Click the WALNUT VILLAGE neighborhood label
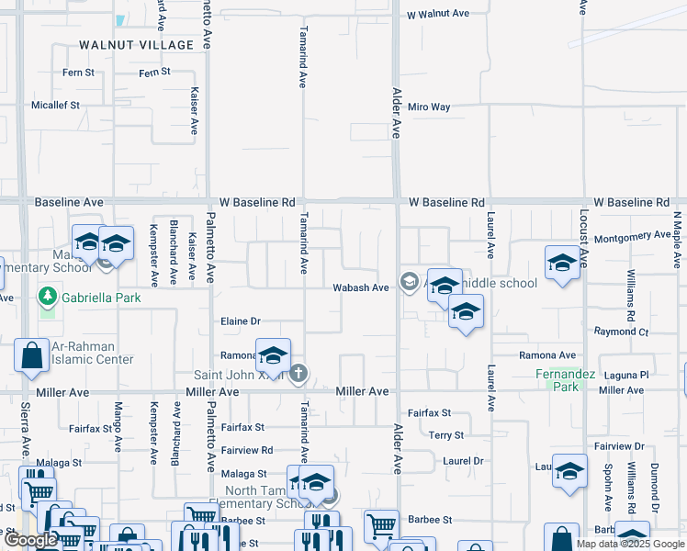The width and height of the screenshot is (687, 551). tap(137, 44)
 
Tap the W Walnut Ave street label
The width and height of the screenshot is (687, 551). tap(438, 14)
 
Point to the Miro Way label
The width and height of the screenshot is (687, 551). tap(429, 107)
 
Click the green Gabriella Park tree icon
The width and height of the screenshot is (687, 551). tap(47, 297)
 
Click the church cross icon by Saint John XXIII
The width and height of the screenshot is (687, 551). tap(298, 373)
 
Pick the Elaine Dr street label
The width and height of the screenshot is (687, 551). tap(242, 321)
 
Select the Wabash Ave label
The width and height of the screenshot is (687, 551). tap(361, 287)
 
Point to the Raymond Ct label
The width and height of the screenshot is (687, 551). tap(621, 332)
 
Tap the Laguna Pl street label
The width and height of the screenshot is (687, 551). tap(628, 375)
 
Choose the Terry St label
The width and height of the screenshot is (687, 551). tap(446, 435)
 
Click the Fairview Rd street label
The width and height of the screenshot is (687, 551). tap(247, 450)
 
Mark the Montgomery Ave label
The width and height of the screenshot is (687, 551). tap(633, 235)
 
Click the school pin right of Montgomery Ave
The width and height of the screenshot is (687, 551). tap(562, 264)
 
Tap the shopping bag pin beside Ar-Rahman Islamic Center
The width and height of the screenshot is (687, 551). tap(31, 355)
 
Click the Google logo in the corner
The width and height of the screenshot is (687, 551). tap(30, 540)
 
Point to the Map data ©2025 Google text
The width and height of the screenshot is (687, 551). tap(630, 544)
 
